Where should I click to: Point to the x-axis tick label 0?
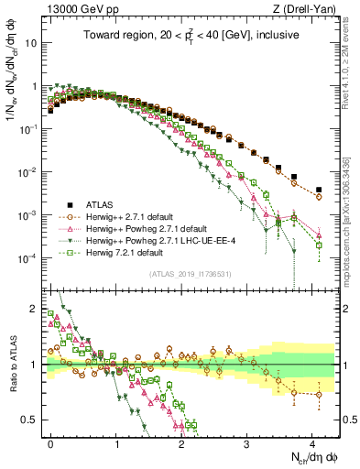coord(51,442)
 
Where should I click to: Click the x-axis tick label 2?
coord(181,442)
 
